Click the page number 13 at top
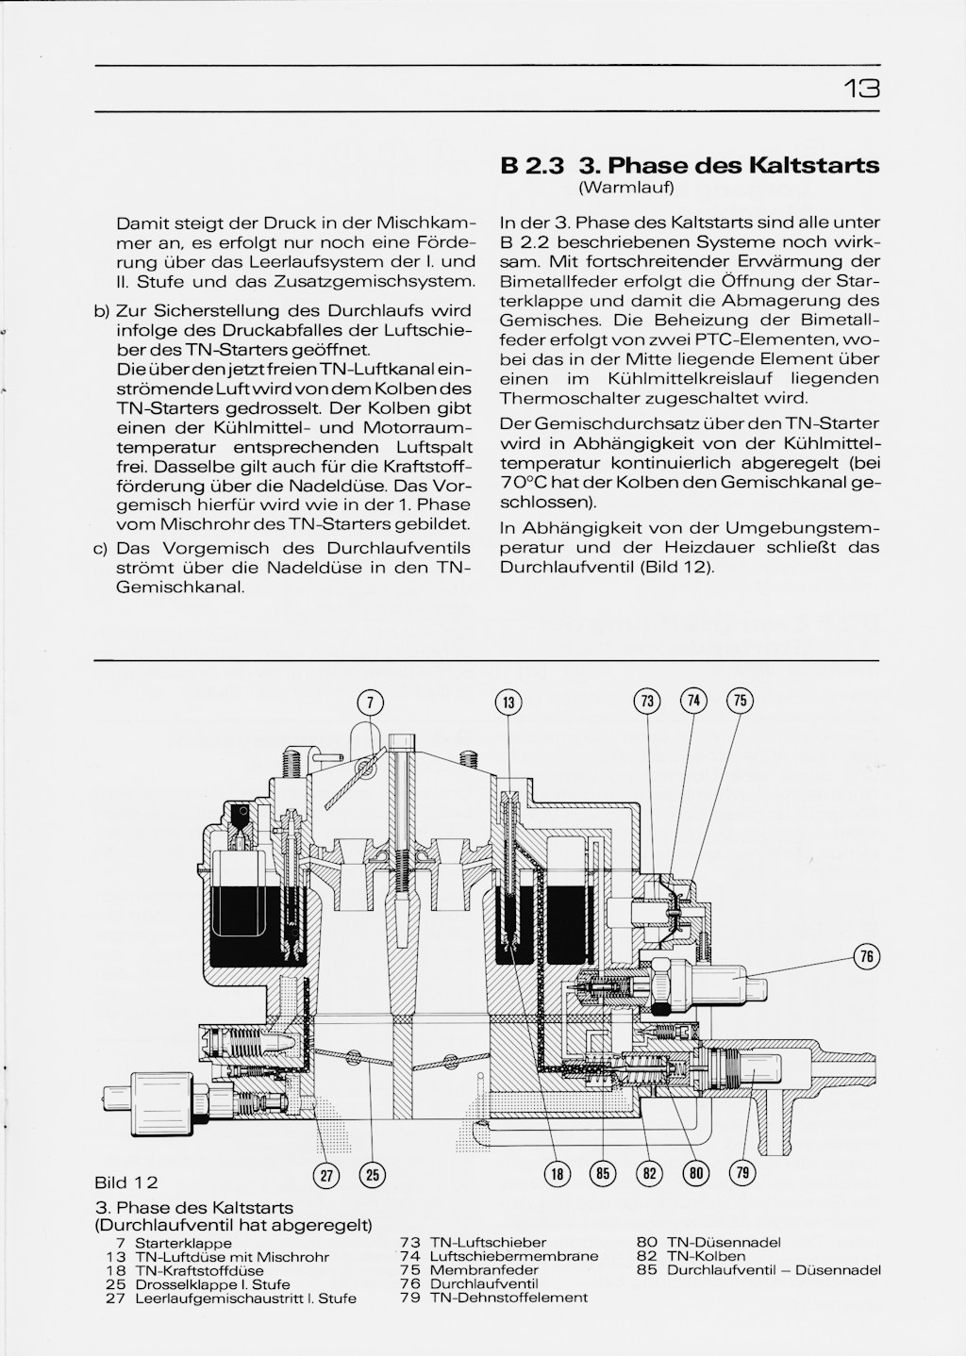[x=861, y=89]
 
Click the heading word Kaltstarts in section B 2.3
[x=813, y=166]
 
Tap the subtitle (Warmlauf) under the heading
[x=625, y=189]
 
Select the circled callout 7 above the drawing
[x=371, y=702]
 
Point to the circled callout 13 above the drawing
[x=508, y=702]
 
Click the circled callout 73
[x=647, y=701]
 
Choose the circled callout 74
[x=693, y=700]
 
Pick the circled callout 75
[x=740, y=700]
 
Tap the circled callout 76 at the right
[x=867, y=956]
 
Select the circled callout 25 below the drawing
[x=372, y=1174]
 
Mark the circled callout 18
[x=558, y=1174]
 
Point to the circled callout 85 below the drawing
[x=602, y=1174]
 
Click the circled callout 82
[x=648, y=1174]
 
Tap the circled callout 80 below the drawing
[x=695, y=1174]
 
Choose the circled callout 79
[x=741, y=1173]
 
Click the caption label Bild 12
[x=125, y=1182]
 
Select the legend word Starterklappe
[x=184, y=1244]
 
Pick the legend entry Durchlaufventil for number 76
[x=483, y=1283]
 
